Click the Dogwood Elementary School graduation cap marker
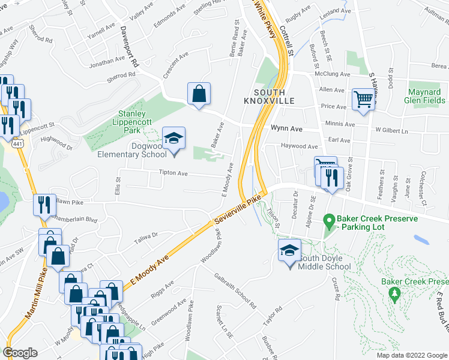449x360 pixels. (x=174, y=139)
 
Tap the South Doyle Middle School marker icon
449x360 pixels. (x=289, y=251)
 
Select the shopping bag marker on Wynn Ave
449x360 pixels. (x=199, y=94)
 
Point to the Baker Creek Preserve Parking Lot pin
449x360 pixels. (x=329, y=221)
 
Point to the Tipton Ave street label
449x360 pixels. (x=173, y=173)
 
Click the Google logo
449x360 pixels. (x=20, y=352)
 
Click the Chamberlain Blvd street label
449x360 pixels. (x=75, y=220)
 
